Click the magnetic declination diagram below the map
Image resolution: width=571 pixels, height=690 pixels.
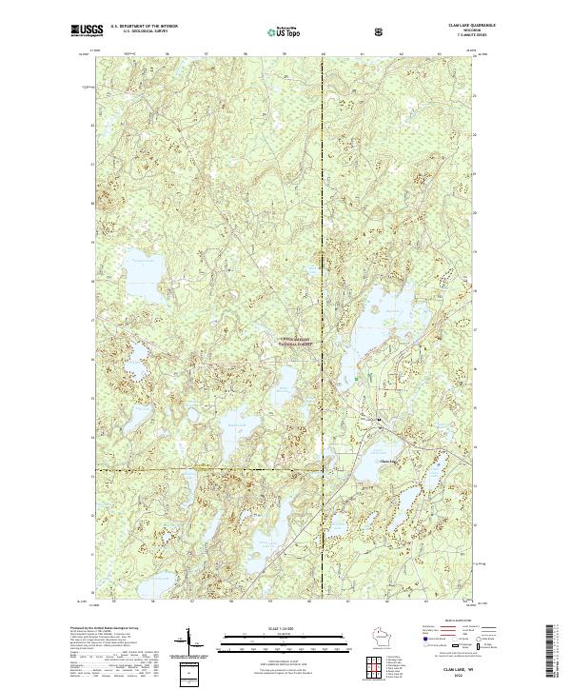(187, 649)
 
